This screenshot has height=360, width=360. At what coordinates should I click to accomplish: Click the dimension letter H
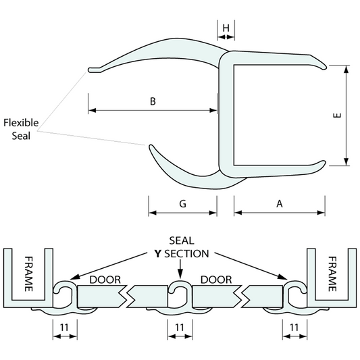(227, 28)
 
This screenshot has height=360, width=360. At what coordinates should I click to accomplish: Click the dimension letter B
(153, 101)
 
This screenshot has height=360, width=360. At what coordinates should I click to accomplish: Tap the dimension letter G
(183, 203)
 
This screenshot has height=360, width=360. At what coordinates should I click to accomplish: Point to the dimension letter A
(280, 203)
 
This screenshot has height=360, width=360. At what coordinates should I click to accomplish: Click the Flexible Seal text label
(21, 128)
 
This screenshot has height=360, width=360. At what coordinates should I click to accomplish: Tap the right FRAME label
(332, 273)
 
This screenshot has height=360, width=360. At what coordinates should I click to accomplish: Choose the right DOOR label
(216, 280)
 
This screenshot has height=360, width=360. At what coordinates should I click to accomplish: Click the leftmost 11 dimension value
(64, 327)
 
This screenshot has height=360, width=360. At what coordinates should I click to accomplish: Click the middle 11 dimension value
(180, 327)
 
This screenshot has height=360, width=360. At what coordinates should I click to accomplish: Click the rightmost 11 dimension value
(294, 327)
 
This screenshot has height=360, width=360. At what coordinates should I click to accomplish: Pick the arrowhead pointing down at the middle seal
(180, 274)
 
